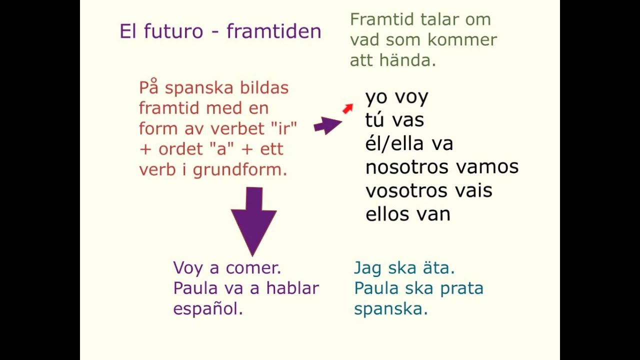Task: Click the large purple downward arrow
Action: click(253, 217)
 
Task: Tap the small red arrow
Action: click(348, 108)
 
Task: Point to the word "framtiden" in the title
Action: click(273, 31)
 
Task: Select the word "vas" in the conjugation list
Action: click(408, 120)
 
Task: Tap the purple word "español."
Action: click(208, 309)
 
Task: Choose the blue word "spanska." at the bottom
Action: click(391, 309)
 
